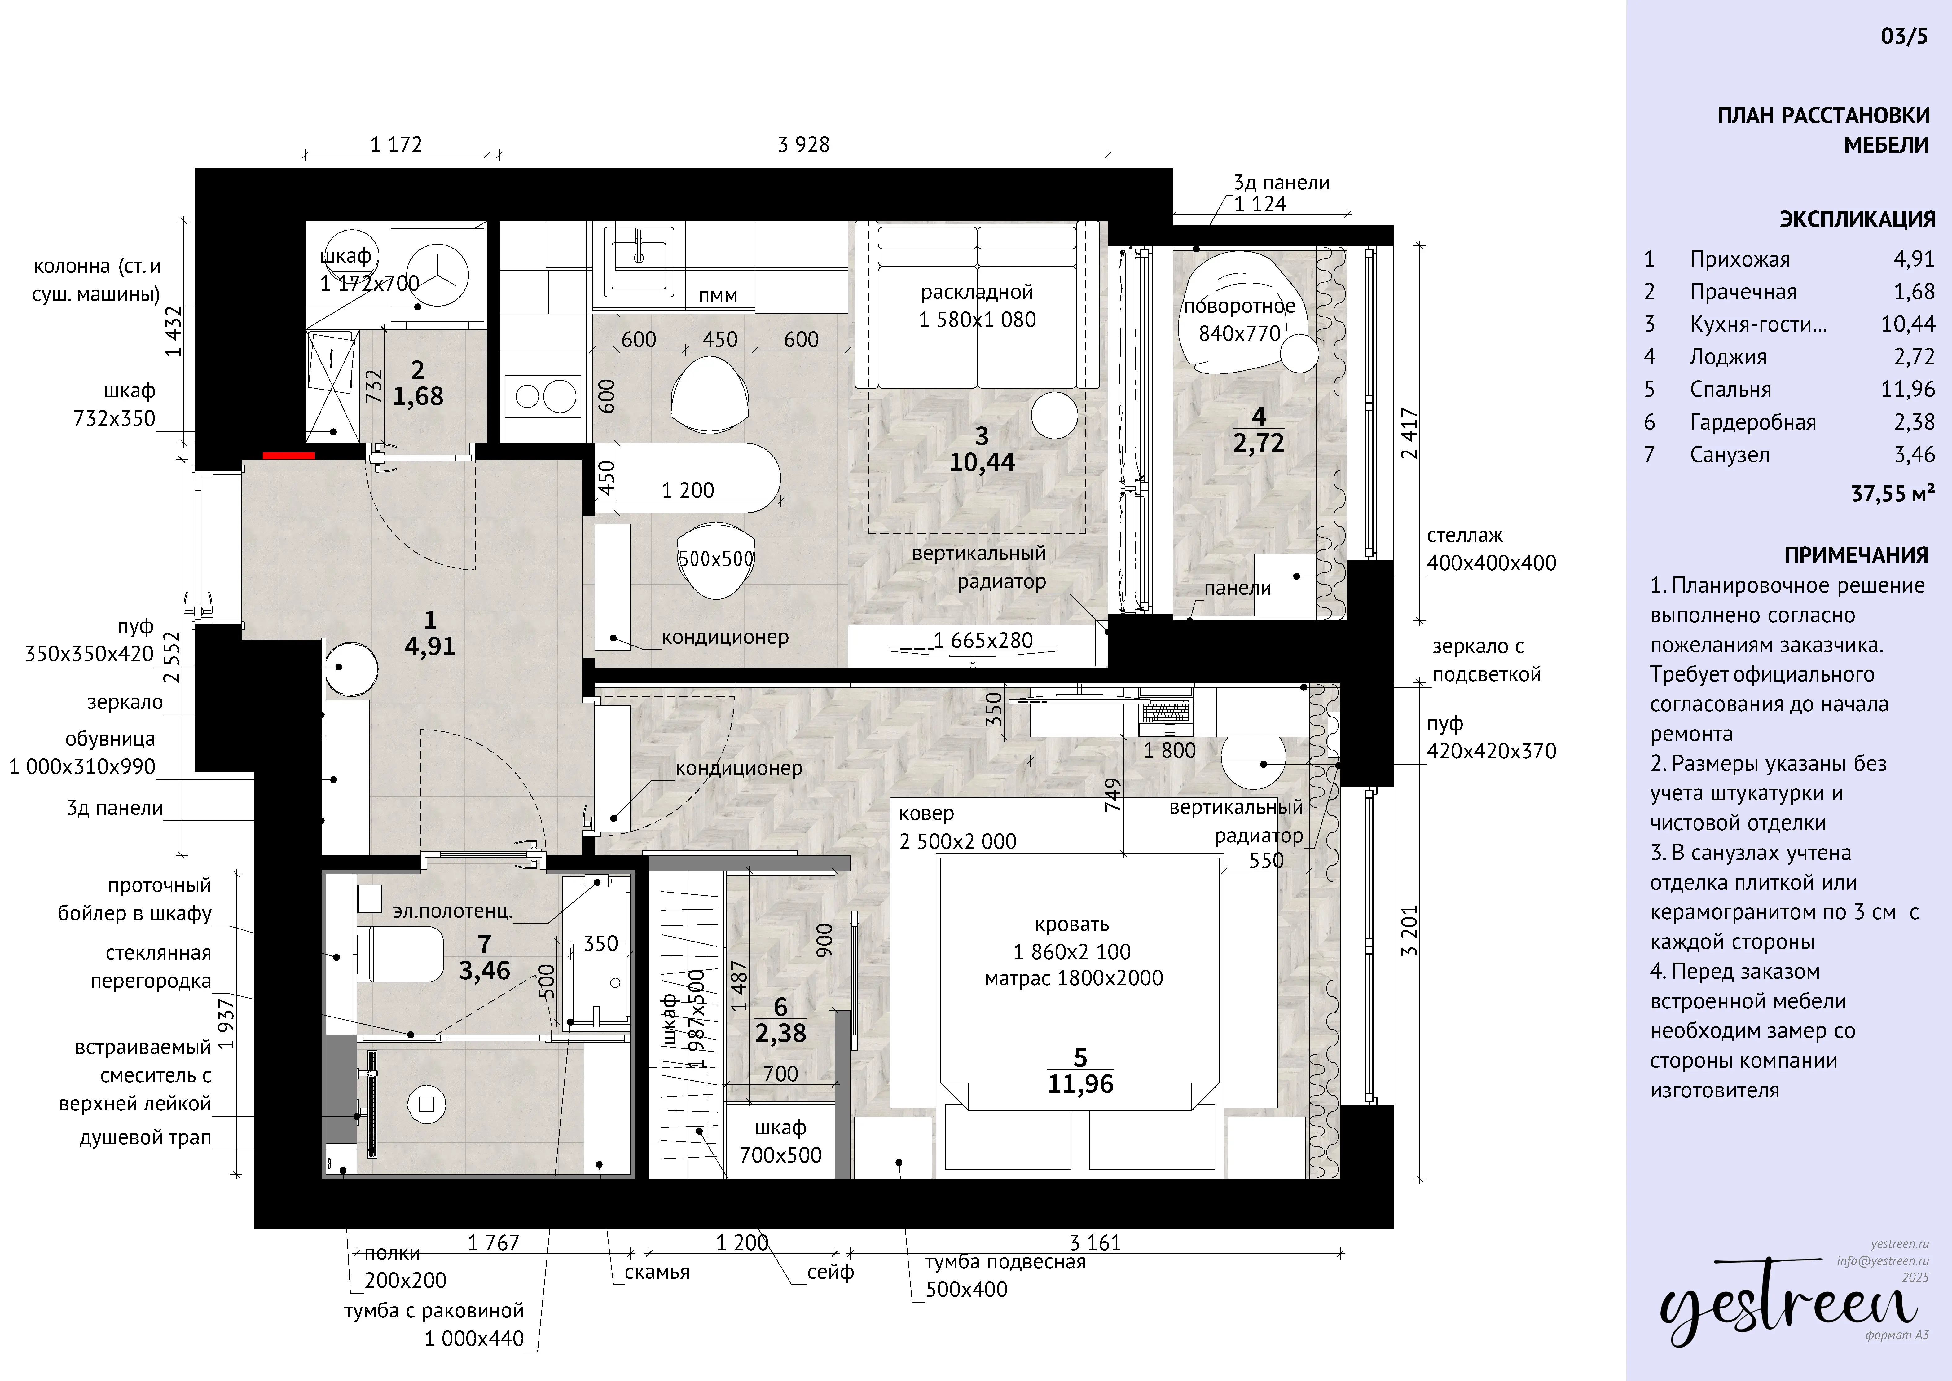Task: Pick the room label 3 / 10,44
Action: point(982,449)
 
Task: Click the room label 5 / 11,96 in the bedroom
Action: point(1081,1071)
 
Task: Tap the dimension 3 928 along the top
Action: point(803,144)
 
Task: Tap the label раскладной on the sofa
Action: point(977,293)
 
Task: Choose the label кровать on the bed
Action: point(1072,924)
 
